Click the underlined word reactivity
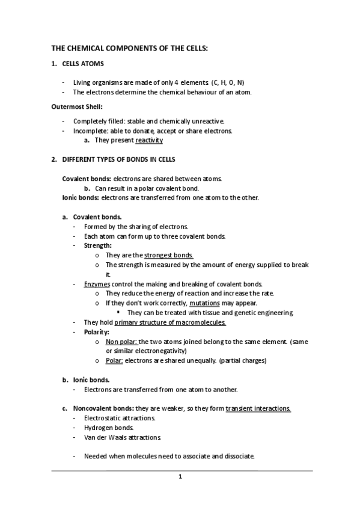click(149, 141)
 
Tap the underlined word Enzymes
click(96, 284)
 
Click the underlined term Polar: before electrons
click(114, 360)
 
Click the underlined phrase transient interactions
click(258, 408)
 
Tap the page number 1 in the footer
click(180, 478)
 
